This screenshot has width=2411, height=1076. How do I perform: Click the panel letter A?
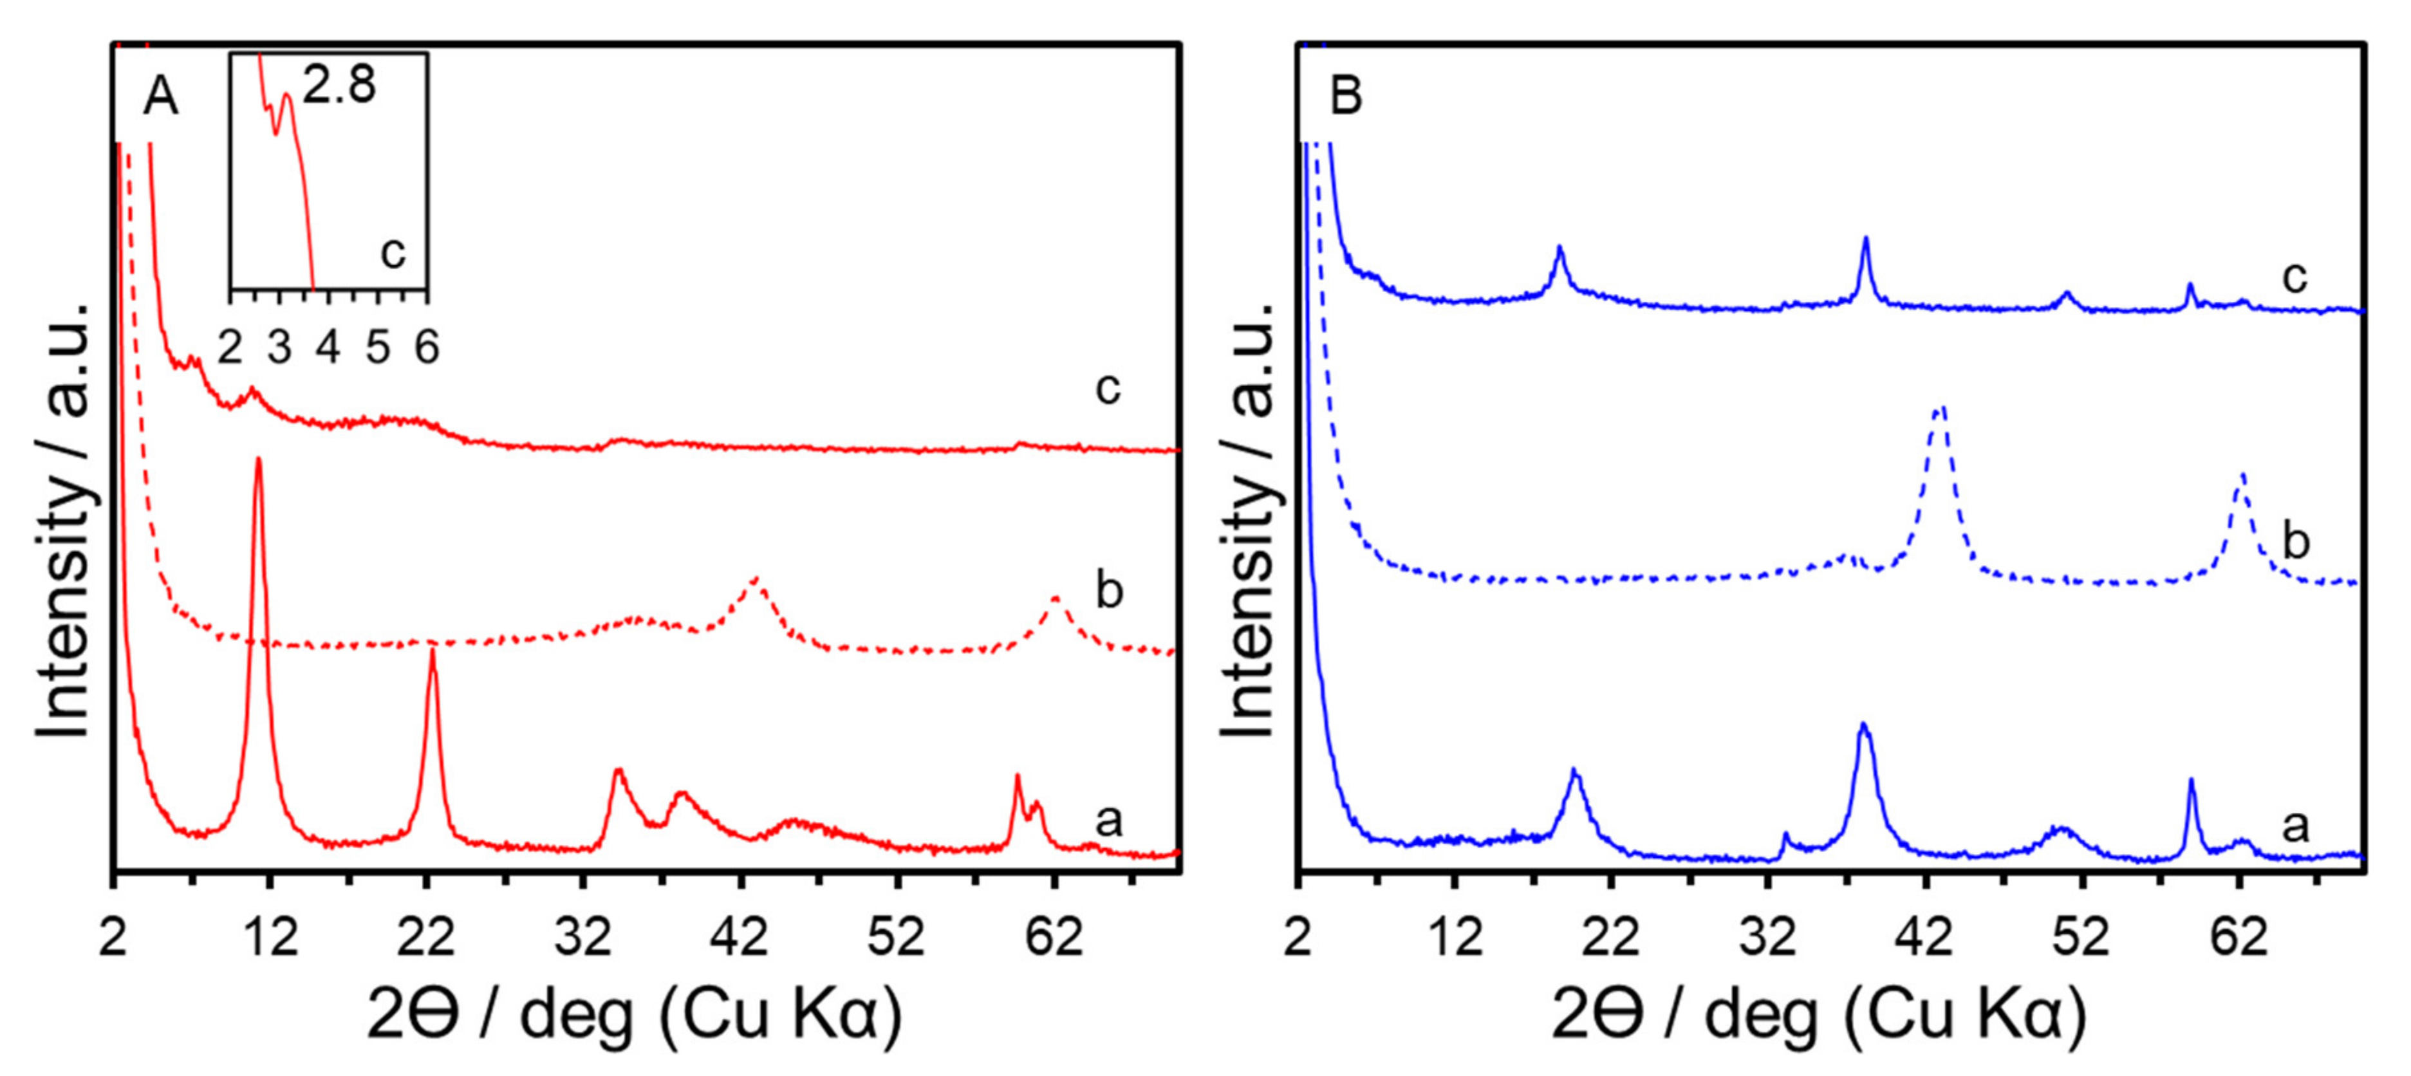coord(160,97)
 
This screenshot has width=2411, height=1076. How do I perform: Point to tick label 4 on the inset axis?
coord(328,348)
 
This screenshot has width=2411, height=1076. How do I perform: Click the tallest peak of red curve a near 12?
coord(258,460)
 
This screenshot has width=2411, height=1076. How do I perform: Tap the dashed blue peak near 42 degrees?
coord(1939,409)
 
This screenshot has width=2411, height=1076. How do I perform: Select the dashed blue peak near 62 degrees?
coord(2240,476)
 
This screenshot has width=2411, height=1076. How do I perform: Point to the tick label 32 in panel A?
coord(582,936)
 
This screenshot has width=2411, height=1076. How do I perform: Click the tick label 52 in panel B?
coord(2081,936)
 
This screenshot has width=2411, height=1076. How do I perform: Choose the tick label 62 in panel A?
coord(1053,936)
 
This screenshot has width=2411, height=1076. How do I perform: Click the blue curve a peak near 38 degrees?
coord(1863,725)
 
